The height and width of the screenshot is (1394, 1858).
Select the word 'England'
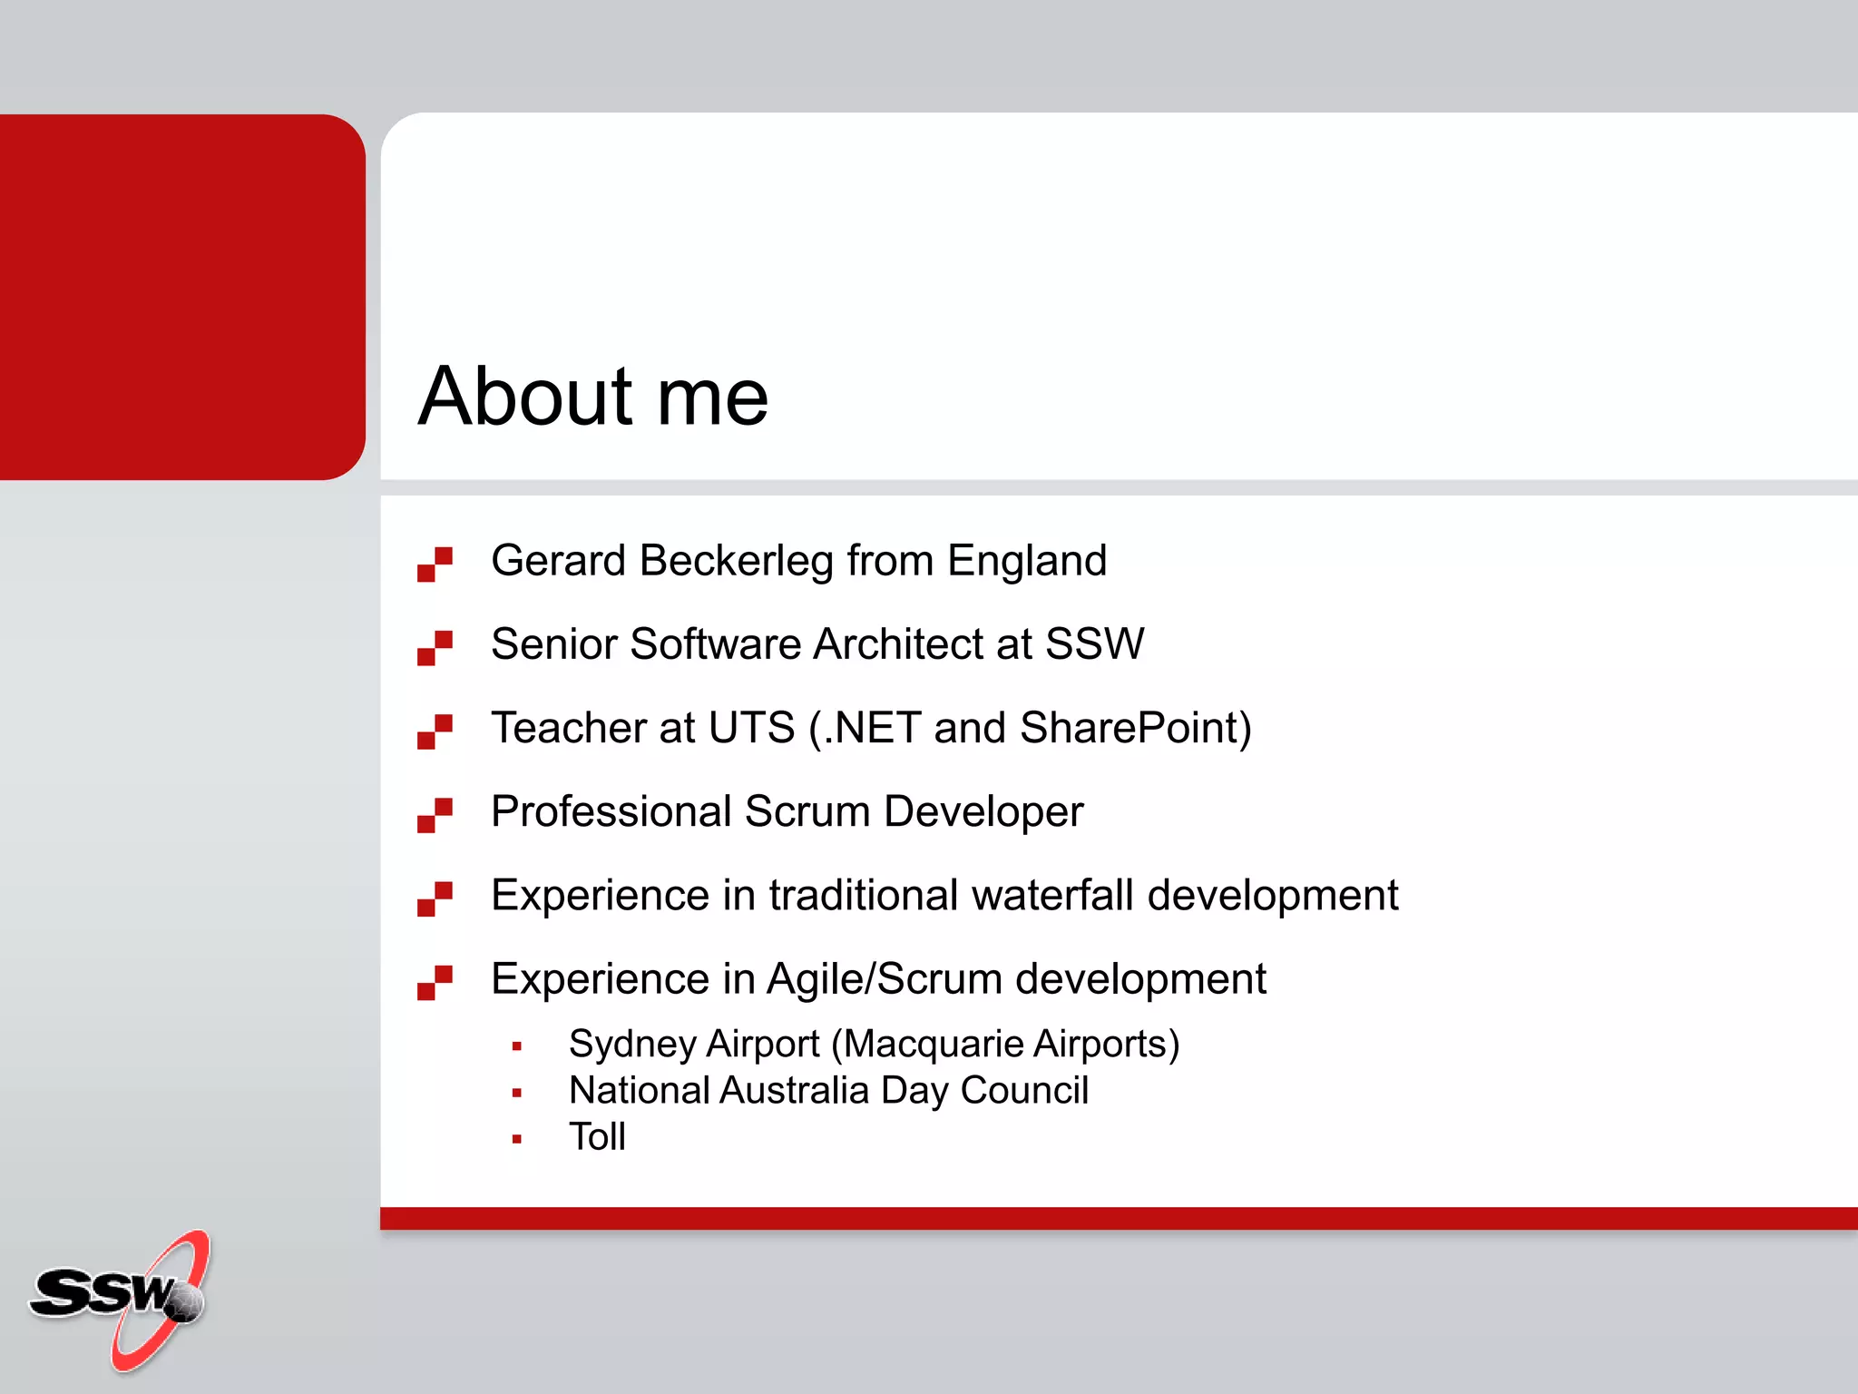(x=1027, y=561)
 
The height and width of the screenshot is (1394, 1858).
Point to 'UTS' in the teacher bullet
(x=751, y=728)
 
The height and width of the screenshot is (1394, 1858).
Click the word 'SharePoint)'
(x=1135, y=728)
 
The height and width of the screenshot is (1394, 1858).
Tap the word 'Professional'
(x=611, y=811)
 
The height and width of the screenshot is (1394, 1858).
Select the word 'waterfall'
(x=1052, y=896)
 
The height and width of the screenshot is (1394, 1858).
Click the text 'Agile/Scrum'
(x=885, y=979)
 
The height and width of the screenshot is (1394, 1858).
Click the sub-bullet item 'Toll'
(x=597, y=1136)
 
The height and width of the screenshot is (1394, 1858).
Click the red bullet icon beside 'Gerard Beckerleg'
(x=435, y=564)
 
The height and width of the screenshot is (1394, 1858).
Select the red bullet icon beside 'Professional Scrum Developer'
(x=435, y=814)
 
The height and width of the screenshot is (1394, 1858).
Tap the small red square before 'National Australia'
(x=517, y=1093)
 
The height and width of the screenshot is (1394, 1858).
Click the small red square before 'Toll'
(x=517, y=1139)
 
